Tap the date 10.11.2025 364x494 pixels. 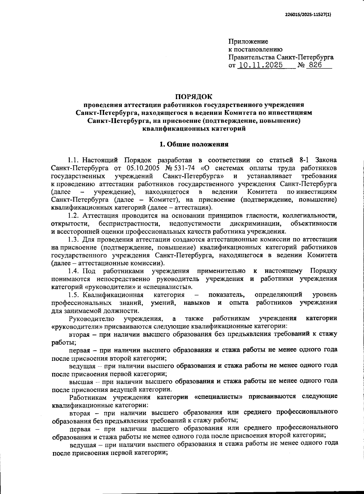260,65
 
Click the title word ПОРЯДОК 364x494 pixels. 194,97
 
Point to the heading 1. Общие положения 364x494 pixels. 194,144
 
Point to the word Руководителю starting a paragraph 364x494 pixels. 92,318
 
